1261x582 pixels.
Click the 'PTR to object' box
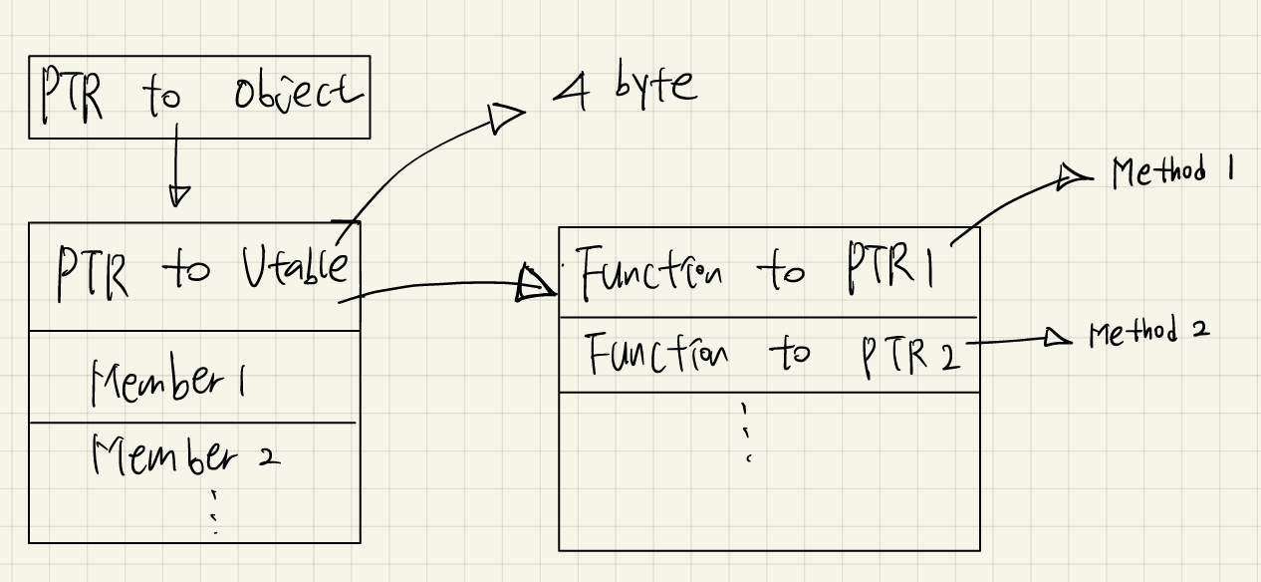198,97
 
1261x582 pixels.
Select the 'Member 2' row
185,457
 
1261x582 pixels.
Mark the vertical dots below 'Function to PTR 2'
745,430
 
